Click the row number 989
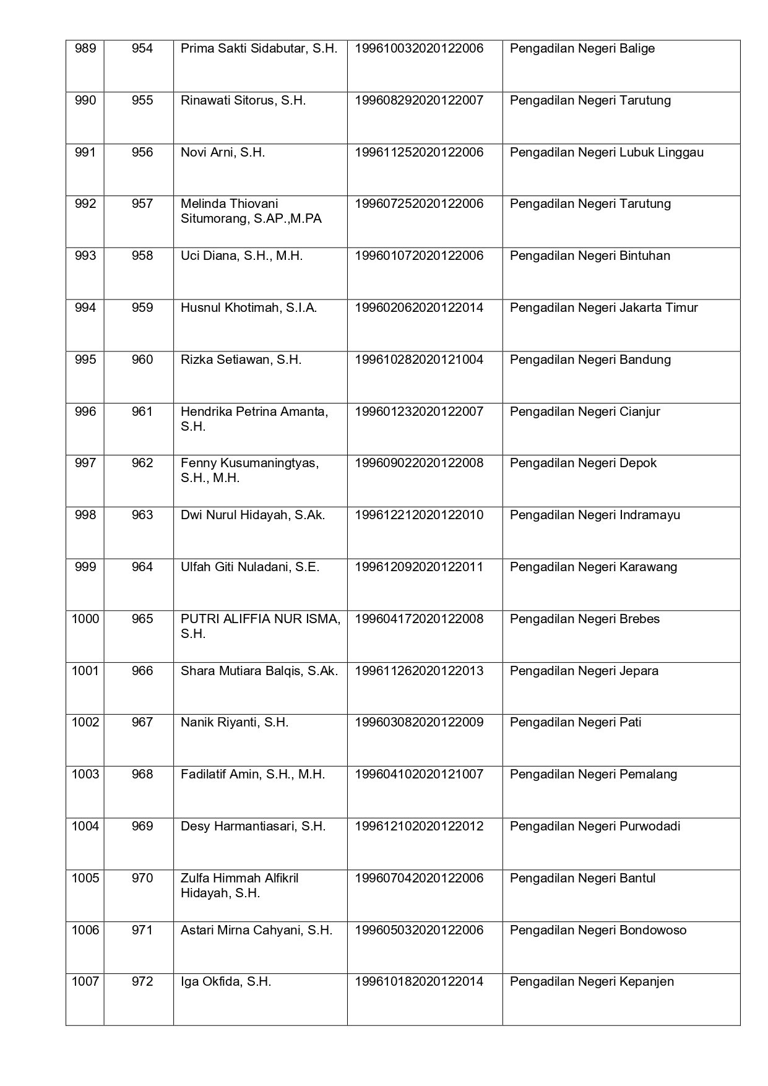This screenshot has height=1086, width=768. [85, 49]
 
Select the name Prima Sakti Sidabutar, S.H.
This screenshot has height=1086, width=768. [259, 49]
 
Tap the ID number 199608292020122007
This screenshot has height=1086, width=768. [418, 101]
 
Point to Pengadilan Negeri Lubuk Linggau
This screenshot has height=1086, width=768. [606, 153]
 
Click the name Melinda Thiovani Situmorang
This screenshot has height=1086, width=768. [251, 211]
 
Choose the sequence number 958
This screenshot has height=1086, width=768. [142, 256]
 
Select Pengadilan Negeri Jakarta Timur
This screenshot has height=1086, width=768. [603, 308]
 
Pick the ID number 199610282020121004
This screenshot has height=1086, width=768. [418, 360]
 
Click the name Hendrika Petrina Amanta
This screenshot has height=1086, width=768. [254, 419]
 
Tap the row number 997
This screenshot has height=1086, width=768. [85, 463]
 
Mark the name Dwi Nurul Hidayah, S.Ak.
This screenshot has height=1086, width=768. [252, 515]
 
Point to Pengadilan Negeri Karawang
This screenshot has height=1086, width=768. [593, 567]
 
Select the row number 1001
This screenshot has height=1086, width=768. [85, 671]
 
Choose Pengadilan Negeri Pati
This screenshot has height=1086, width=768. [575, 723]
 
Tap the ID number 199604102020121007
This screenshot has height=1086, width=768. [418, 775]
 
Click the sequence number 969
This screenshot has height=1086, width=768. [142, 827]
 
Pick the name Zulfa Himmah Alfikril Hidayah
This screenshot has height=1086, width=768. [239, 886]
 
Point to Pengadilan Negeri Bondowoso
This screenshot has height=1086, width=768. [598, 931]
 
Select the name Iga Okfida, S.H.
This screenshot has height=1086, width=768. [226, 982]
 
